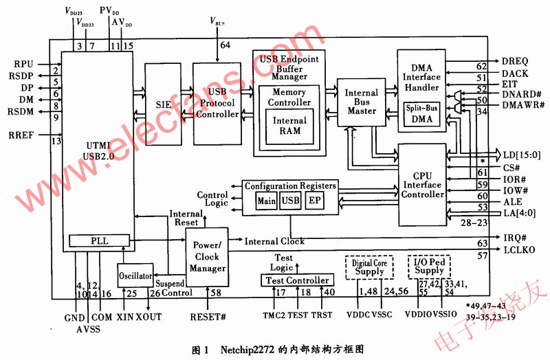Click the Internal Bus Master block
coord(361,102)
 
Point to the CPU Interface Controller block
coord(422,185)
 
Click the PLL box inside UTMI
coord(100,240)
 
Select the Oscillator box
coord(135,275)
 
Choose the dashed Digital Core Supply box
coord(368,268)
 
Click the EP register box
coord(313,201)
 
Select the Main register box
coord(266,201)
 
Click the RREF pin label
coord(25,135)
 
